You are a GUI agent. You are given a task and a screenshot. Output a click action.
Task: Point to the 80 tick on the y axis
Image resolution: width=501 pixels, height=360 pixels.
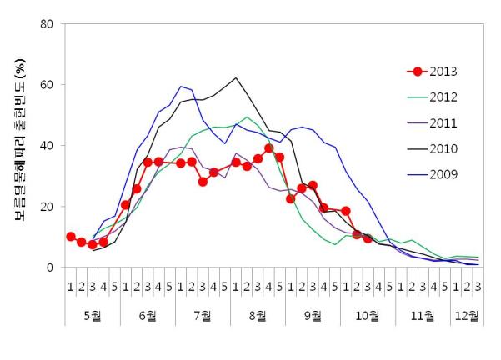pyautogui.click(x=48, y=24)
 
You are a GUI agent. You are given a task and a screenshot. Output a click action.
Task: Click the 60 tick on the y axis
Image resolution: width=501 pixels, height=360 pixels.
pyautogui.click(x=48, y=85)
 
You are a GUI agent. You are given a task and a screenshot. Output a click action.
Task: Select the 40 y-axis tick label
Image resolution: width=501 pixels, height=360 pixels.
pyautogui.click(x=48, y=146)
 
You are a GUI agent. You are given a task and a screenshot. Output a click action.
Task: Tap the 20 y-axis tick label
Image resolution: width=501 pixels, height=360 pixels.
pyautogui.click(x=48, y=207)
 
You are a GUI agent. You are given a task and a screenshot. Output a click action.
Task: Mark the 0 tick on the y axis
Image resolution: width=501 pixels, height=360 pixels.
pyautogui.click(x=52, y=267)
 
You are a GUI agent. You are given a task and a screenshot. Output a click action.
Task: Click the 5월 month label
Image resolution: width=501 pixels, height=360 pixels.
pyautogui.click(x=93, y=317)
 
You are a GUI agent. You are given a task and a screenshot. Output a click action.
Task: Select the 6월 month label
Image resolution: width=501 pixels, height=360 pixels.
pyautogui.click(x=148, y=317)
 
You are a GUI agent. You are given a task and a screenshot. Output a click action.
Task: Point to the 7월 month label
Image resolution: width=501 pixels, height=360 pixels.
pyautogui.click(x=203, y=317)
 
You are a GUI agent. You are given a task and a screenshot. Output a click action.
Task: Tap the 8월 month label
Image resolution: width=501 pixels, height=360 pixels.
pyautogui.click(x=258, y=317)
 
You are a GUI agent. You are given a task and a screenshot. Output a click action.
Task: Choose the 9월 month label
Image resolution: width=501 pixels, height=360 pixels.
pyautogui.click(x=313, y=317)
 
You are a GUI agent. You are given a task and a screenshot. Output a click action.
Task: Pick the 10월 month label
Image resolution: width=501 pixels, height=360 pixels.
pyautogui.click(x=368, y=317)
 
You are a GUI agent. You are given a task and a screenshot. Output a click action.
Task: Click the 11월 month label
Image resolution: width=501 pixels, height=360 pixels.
pyautogui.click(x=423, y=317)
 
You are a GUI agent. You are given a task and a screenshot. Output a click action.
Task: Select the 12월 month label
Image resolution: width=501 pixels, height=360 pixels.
pyautogui.click(x=467, y=317)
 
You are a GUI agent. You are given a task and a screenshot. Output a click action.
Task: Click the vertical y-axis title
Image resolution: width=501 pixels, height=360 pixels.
pyautogui.click(x=18, y=146)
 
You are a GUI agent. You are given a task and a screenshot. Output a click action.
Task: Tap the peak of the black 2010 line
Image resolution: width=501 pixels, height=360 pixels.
pyautogui.click(x=236, y=78)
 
